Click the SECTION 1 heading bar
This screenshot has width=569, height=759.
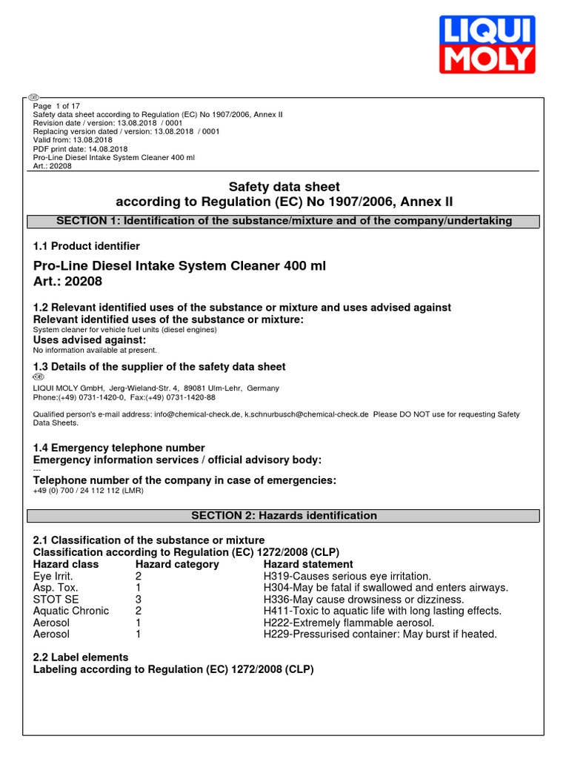tap(284, 221)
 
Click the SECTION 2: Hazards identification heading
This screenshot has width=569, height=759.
tap(284, 515)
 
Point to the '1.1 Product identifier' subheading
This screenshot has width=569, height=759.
tap(87, 246)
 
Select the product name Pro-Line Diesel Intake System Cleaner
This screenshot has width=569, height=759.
tap(179, 266)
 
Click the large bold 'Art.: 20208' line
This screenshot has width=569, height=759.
tap(68, 282)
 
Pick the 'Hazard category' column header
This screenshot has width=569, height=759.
tap(177, 564)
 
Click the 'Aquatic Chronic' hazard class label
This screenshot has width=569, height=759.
tap(71, 611)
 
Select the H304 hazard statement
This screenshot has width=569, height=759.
tap(385, 588)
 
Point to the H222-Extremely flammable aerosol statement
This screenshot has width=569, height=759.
tap(348, 623)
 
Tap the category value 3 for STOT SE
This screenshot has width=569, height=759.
tap(138, 599)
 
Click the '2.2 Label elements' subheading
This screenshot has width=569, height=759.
tap(81, 657)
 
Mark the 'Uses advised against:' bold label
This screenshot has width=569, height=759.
tap(90, 339)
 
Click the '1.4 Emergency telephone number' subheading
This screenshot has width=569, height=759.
tap(119, 448)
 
